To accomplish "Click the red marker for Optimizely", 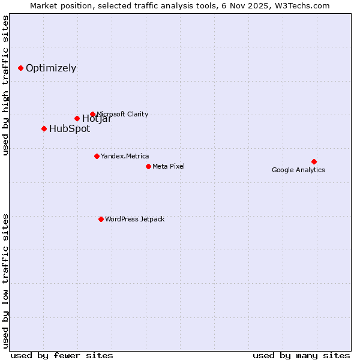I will click(x=20, y=68).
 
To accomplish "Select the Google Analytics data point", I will click(x=314, y=161).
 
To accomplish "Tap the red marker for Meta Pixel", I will click(x=148, y=166).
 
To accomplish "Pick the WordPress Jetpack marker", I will click(x=101, y=219).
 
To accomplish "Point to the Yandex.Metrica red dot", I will click(x=97, y=156).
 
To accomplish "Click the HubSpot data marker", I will click(x=44, y=128).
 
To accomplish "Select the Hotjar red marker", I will click(x=77, y=118).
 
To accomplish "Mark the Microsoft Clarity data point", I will click(x=92, y=114).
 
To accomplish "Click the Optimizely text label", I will click(x=51, y=68).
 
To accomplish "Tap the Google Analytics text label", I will click(x=298, y=170).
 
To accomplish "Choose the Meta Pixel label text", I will click(x=169, y=166).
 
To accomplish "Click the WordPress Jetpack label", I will click(x=134, y=219).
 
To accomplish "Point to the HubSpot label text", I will click(x=70, y=128).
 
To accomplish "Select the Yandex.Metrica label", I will click(x=125, y=156).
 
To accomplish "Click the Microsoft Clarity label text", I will click(x=122, y=114).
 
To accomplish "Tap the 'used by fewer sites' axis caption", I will click(x=62, y=355).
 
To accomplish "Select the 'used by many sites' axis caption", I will click(x=301, y=355).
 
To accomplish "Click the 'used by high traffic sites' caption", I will click(x=6, y=85).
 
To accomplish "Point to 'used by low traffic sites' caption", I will click(x=6, y=280).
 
